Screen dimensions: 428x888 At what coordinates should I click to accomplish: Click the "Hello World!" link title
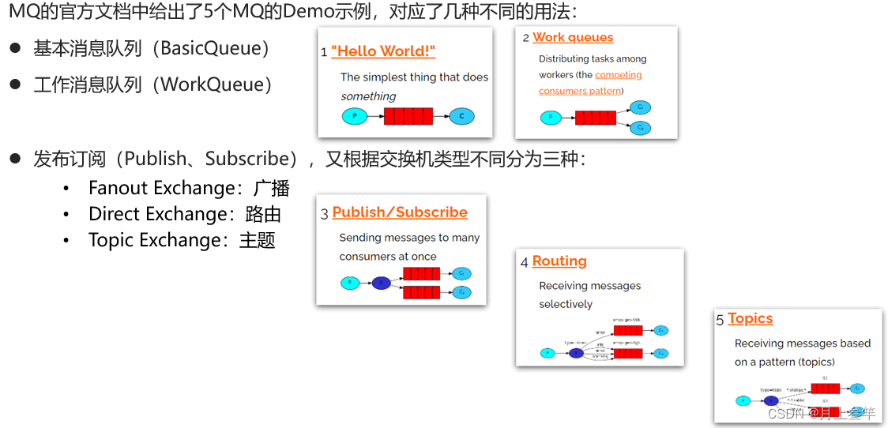383,51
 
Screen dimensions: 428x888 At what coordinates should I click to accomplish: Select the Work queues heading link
573,37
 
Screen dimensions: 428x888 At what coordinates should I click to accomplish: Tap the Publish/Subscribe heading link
400,212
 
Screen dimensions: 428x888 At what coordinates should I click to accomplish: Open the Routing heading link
559,261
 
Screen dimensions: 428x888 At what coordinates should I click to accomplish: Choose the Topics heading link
750,319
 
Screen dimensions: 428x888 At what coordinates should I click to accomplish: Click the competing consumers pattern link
590,83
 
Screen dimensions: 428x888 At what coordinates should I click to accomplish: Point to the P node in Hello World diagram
355,116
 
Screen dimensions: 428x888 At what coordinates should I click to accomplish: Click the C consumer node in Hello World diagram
461,116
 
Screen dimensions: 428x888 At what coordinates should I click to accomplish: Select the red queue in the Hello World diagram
408,116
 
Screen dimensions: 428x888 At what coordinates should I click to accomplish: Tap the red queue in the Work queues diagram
595,118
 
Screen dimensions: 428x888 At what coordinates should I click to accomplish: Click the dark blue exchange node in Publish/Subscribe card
381,282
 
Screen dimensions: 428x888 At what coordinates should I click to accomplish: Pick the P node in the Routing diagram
547,353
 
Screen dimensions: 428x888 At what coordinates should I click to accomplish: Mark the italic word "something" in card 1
368,96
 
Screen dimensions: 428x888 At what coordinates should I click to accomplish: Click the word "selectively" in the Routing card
566,304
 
